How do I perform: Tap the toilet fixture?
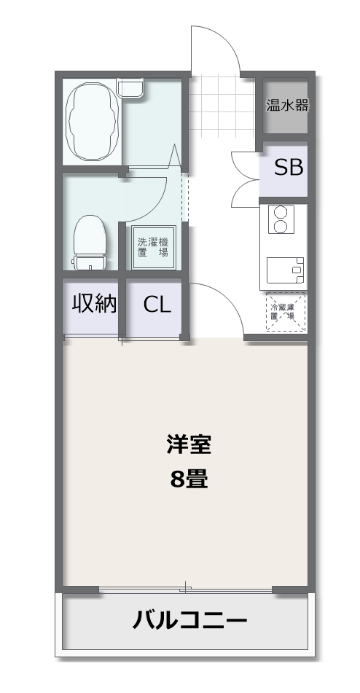coord(90,243)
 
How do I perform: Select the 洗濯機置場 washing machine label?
coord(153,248)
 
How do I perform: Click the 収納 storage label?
coord(94,304)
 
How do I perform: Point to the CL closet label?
coord(157,305)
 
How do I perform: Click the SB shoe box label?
coord(289,168)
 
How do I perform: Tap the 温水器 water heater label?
coord(287,106)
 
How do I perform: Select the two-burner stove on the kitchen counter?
coord(280,219)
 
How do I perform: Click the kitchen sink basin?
coord(286,270)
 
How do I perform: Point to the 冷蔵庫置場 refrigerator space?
coord(286,312)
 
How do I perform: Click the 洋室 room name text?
coord(189,445)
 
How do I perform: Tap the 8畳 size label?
coord(189,479)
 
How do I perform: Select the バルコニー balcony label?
coord(189,621)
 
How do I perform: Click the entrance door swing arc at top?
coord(225,40)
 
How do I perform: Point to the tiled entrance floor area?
coord(222,106)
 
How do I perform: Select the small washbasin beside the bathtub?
coord(131,88)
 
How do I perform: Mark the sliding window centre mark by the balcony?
coord(186,588)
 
